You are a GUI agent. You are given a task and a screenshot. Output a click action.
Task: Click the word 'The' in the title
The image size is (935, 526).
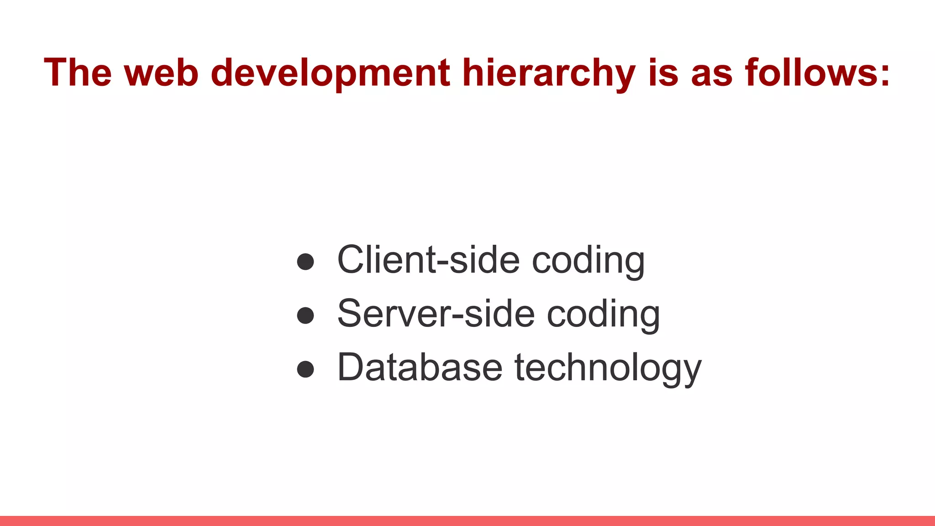tap(78, 72)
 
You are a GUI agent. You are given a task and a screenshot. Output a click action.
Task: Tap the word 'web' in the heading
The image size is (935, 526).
tap(161, 72)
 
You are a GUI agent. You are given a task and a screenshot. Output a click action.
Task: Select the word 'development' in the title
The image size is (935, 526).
tap(331, 73)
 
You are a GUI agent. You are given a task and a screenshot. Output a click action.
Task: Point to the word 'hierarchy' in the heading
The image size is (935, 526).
tap(548, 73)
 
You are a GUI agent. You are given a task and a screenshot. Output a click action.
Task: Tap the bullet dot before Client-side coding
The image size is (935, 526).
tap(305, 262)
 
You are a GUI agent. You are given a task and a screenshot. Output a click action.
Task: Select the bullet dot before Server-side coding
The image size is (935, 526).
tap(305, 316)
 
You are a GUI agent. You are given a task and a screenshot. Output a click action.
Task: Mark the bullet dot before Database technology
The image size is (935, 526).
tap(305, 369)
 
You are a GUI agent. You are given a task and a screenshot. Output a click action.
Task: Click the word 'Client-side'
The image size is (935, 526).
tap(428, 259)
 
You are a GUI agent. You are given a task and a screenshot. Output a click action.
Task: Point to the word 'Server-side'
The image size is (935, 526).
tap(436, 313)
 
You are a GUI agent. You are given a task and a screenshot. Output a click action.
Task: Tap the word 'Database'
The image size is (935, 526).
tap(420, 367)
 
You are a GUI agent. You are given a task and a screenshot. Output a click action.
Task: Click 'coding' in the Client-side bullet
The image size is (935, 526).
tap(588, 261)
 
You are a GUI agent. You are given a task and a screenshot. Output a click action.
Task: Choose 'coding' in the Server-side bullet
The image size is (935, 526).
tap(603, 315)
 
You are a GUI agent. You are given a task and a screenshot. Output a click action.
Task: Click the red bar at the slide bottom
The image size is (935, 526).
tap(467, 521)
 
